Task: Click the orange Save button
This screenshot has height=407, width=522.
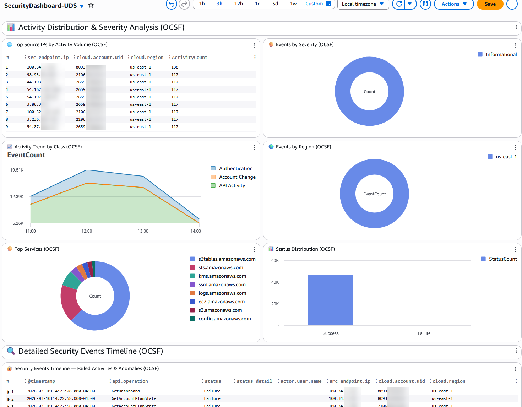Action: pos(490,4)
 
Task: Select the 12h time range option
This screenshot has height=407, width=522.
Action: pos(239,4)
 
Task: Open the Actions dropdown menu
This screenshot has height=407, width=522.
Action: pos(453,4)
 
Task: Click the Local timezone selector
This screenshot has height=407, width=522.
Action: pos(363,4)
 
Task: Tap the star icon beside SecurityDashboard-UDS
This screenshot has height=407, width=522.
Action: pos(91,5)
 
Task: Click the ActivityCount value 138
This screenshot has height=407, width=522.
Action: pos(175,67)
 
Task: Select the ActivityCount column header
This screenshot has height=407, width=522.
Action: pos(189,58)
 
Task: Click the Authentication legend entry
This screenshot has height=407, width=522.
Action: pos(235,168)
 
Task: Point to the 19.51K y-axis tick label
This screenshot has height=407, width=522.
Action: pos(17,170)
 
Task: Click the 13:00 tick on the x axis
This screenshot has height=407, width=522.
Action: pos(143,231)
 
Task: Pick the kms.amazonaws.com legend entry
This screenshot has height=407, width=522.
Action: pos(222,276)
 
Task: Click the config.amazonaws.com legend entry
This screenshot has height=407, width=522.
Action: pos(224,319)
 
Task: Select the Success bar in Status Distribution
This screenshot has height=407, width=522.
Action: pos(331,300)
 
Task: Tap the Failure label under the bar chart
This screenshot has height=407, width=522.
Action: pos(424,333)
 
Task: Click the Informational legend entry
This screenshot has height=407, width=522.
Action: pos(501,54)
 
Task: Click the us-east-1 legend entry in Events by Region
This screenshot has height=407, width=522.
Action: pos(506,157)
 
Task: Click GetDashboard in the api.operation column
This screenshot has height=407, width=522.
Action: pos(126,391)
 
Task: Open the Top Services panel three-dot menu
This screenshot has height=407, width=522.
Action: pos(254,250)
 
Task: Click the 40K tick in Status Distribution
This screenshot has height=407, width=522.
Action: pos(275,282)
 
